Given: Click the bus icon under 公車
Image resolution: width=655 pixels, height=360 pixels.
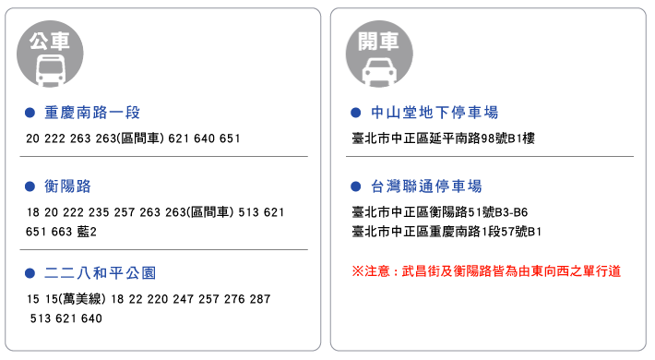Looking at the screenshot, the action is click(x=51, y=70).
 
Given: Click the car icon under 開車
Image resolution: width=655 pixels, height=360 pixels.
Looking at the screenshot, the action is click(x=379, y=71).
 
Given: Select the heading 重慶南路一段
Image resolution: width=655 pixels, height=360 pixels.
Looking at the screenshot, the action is click(x=92, y=113).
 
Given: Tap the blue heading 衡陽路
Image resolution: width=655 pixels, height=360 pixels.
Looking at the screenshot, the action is click(x=67, y=186).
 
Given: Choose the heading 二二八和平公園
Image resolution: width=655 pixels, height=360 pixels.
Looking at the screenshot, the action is click(x=101, y=273).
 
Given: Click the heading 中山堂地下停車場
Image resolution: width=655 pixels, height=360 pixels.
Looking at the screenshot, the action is click(x=435, y=113).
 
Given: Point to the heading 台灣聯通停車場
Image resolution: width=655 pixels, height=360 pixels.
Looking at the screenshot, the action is click(x=426, y=186).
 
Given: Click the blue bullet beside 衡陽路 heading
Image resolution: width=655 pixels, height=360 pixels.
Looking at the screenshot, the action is click(x=30, y=186).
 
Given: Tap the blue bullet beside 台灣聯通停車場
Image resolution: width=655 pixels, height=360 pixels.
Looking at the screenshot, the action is click(x=355, y=186).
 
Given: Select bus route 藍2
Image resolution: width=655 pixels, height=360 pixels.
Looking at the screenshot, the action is click(x=87, y=232).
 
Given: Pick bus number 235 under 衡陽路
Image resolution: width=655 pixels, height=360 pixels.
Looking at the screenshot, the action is click(x=99, y=212).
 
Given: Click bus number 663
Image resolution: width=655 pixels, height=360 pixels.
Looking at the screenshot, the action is click(x=62, y=232).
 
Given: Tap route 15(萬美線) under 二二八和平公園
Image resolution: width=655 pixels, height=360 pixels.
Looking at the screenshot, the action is click(x=76, y=299).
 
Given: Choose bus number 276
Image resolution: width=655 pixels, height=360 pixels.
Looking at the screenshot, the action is click(x=234, y=299).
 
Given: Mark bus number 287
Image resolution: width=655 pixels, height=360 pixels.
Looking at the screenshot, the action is click(x=260, y=299).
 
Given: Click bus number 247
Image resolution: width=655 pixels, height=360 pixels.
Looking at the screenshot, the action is click(x=183, y=299).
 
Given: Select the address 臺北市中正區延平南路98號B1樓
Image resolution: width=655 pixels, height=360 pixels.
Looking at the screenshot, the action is click(x=443, y=138).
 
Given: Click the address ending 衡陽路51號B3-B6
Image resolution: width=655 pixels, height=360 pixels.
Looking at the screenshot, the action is click(x=440, y=212).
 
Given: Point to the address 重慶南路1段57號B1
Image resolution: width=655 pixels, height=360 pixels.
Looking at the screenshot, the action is click(x=447, y=232).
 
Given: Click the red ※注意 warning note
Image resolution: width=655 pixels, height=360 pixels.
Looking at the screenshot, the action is click(x=486, y=271).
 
